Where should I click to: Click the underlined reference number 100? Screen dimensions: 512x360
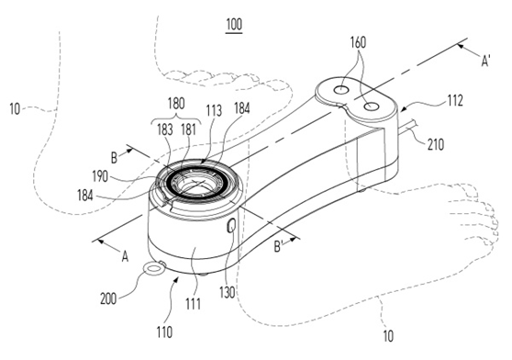[x=234, y=25]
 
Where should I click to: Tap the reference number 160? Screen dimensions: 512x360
[x=358, y=42]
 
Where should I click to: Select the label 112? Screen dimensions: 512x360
[x=455, y=101]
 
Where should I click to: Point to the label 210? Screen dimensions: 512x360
[x=436, y=144]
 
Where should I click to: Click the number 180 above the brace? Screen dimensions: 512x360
[x=176, y=104]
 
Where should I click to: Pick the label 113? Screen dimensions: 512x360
[x=214, y=110]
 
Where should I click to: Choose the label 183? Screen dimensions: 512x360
[x=165, y=129]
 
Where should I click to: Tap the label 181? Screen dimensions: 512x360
[x=188, y=129]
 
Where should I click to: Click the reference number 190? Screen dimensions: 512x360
[x=100, y=176]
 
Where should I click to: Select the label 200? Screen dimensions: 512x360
[x=108, y=298]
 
